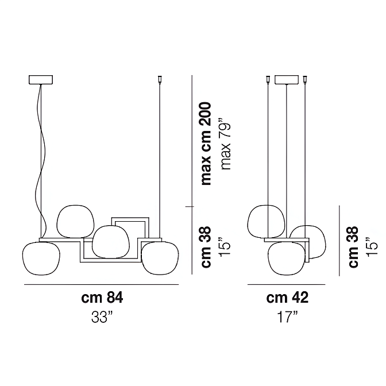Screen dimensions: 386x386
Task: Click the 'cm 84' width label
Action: point(102,298)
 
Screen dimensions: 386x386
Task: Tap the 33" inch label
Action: point(102,317)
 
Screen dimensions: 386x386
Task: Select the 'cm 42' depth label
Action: point(287,298)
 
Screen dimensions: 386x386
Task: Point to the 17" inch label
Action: point(287,317)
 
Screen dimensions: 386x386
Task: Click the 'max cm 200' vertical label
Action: point(206,144)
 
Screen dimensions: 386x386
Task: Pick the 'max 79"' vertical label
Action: point(226,144)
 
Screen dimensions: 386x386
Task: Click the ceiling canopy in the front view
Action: point(41,80)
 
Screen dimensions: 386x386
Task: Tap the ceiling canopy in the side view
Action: point(287,80)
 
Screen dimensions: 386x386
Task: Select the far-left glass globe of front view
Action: point(41,258)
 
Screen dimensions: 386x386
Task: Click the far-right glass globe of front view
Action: point(160,258)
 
